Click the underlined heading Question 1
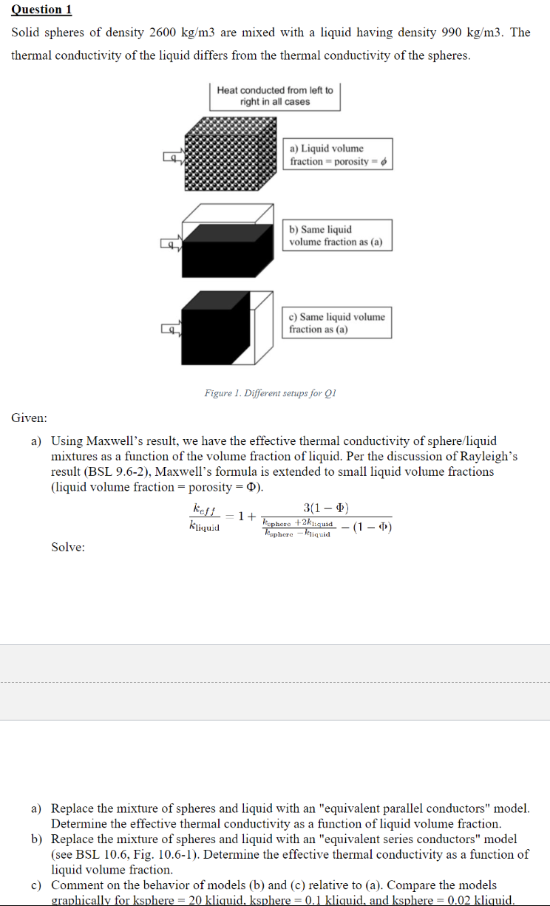(41, 10)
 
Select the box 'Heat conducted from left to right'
(275, 96)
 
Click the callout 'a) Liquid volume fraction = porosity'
(337, 154)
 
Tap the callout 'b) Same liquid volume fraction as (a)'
(337, 236)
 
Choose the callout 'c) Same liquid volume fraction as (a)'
(337, 323)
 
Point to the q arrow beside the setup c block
(172, 330)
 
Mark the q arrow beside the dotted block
(172, 157)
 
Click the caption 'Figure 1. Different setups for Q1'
(270, 393)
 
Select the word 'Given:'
(30, 418)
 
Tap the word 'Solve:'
(68, 547)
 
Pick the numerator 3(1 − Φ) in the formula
(326, 508)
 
